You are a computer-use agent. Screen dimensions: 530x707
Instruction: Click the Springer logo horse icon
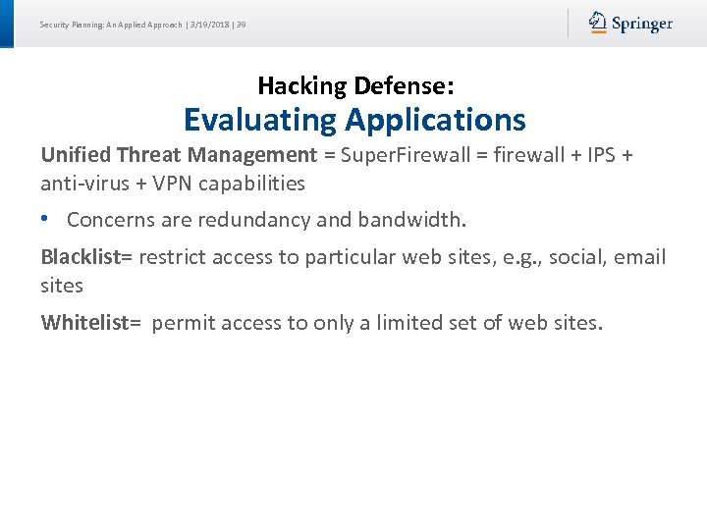tap(598, 23)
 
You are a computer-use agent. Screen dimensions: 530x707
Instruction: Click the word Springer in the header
tap(642, 24)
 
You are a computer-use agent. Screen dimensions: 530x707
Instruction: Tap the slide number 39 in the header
tap(241, 25)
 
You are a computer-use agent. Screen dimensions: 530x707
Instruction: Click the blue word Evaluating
tap(260, 120)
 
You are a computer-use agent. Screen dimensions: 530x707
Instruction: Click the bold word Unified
tap(76, 154)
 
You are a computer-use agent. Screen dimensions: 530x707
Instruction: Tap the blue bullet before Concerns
tap(46, 220)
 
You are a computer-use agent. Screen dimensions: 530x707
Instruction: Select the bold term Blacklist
tap(81, 257)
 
